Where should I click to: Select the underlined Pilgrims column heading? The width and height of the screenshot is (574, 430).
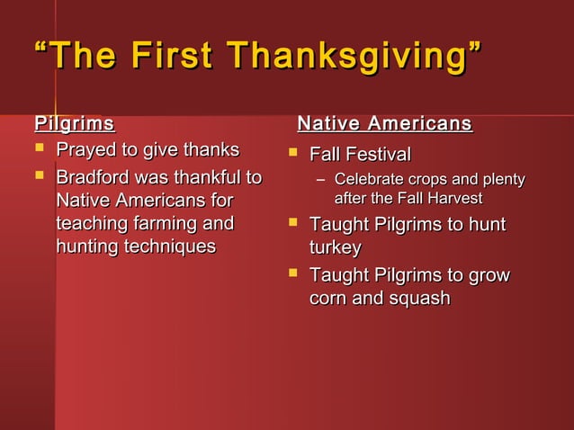[75, 122]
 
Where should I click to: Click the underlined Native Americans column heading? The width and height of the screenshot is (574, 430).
[384, 122]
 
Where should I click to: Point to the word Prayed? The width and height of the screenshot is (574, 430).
[85, 149]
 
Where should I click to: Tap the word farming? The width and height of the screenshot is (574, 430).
[160, 223]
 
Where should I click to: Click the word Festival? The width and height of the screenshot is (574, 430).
[377, 154]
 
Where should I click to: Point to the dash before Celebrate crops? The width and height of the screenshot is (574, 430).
[318, 181]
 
